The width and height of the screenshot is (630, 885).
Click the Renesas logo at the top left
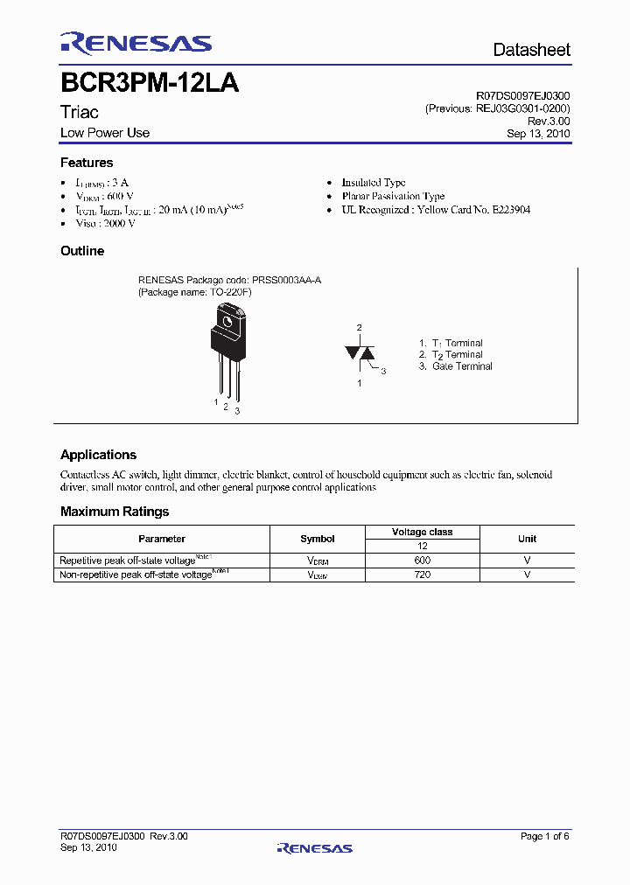pos(136,45)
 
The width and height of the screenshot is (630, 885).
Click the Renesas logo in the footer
pos(314,847)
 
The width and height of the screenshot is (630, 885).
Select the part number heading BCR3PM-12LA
pos(150,84)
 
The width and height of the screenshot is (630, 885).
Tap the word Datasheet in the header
pos(531,50)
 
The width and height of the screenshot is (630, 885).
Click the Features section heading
pos(87,163)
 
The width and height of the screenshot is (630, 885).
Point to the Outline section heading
pos(82,251)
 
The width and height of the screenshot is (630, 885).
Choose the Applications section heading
pos(98,455)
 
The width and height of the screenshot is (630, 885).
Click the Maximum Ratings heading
pos(115,512)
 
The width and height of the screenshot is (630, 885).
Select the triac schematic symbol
pos(360,352)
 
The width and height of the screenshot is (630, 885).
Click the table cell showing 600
pos(422,560)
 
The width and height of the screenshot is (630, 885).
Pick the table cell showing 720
pos(422,575)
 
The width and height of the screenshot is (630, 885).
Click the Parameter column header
pos(162,539)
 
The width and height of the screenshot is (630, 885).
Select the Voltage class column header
pos(422,532)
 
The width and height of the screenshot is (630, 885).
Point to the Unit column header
pos(527,539)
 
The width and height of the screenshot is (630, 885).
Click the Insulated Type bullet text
pos(374,183)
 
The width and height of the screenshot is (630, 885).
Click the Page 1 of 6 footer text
pos(544,837)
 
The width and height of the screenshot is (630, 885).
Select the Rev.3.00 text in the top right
pos(551,122)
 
